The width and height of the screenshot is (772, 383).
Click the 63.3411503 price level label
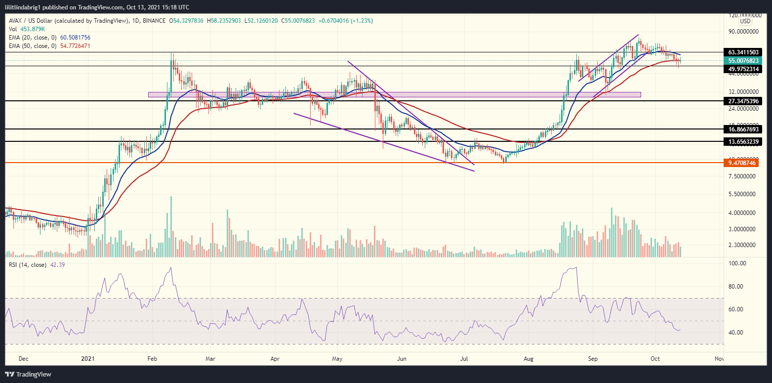pyautogui.click(x=744, y=52)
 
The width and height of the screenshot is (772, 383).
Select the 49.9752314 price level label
pyautogui.click(x=744, y=69)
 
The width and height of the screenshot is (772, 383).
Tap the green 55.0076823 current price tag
pyautogui.click(x=744, y=60)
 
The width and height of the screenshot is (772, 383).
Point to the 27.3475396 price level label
pyautogui.click(x=744, y=101)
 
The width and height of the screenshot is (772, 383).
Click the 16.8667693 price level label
pyautogui.click(x=744, y=128)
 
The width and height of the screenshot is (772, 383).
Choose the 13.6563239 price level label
pyautogui.click(x=744, y=141)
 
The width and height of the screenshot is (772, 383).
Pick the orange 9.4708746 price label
pyautogui.click(x=744, y=163)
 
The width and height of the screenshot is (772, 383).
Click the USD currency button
pyautogui.click(x=745, y=22)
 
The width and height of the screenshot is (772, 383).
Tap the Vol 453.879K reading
pyautogui.click(x=28, y=29)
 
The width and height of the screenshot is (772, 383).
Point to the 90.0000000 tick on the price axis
pyautogui.click(x=743, y=31)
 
